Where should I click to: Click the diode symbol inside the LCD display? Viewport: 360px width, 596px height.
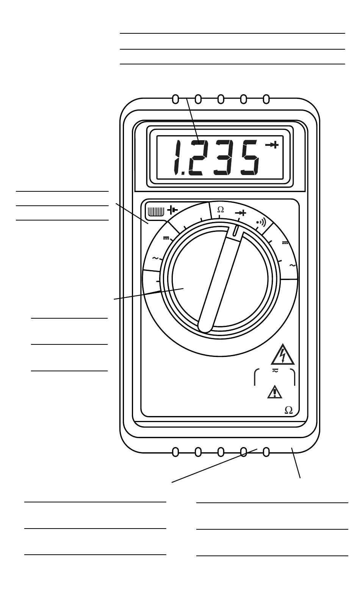coord(272,145)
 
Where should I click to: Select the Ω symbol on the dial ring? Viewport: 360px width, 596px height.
coord(220,209)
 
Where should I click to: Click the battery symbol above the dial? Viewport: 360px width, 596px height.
coord(172,210)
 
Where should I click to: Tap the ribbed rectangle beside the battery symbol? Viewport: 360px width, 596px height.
coord(155,211)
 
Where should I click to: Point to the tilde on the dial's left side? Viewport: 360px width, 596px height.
coord(155,258)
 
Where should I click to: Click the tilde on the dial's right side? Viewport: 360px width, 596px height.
coord(293,265)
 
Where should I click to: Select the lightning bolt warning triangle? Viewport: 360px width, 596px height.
coord(283,355)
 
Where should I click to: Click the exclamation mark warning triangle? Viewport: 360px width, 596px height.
coord(275,392)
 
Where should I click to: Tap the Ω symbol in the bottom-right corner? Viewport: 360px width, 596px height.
coord(288,410)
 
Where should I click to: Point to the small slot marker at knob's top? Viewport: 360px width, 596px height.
coord(236,230)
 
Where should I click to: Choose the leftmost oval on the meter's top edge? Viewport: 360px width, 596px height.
coord(175,99)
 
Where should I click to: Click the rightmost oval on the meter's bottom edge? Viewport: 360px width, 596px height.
coord(266,452)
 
